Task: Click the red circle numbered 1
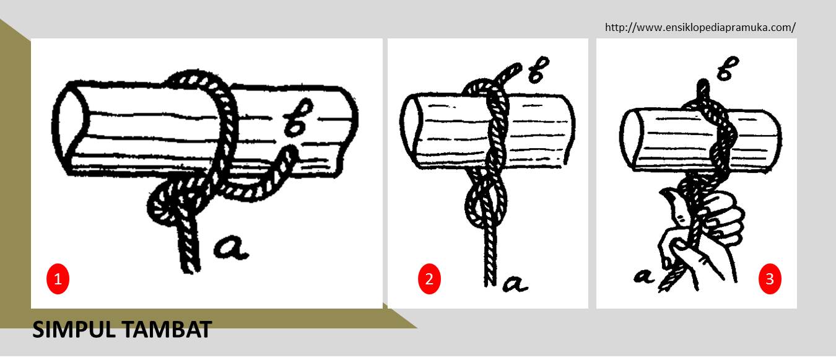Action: pyautogui.click(x=58, y=279)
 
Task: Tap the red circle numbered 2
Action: pyautogui.click(x=429, y=279)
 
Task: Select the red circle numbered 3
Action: pyautogui.click(x=770, y=279)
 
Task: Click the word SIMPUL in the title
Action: pyautogui.click(x=74, y=330)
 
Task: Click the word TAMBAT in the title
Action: pyautogui.click(x=167, y=330)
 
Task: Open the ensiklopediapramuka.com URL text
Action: pyautogui.click(x=700, y=27)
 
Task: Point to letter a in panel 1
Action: pyautogui.click(x=231, y=247)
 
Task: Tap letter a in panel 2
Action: pyautogui.click(x=515, y=284)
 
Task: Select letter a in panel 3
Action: pyautogui.click(x=643, y=276)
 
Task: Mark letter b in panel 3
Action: pyautogui.click(x=728, y=68)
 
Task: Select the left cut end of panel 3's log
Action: pyautogui.click(x=631, y=138)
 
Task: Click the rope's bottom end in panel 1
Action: pyautogui.click(x=190, y=270)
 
